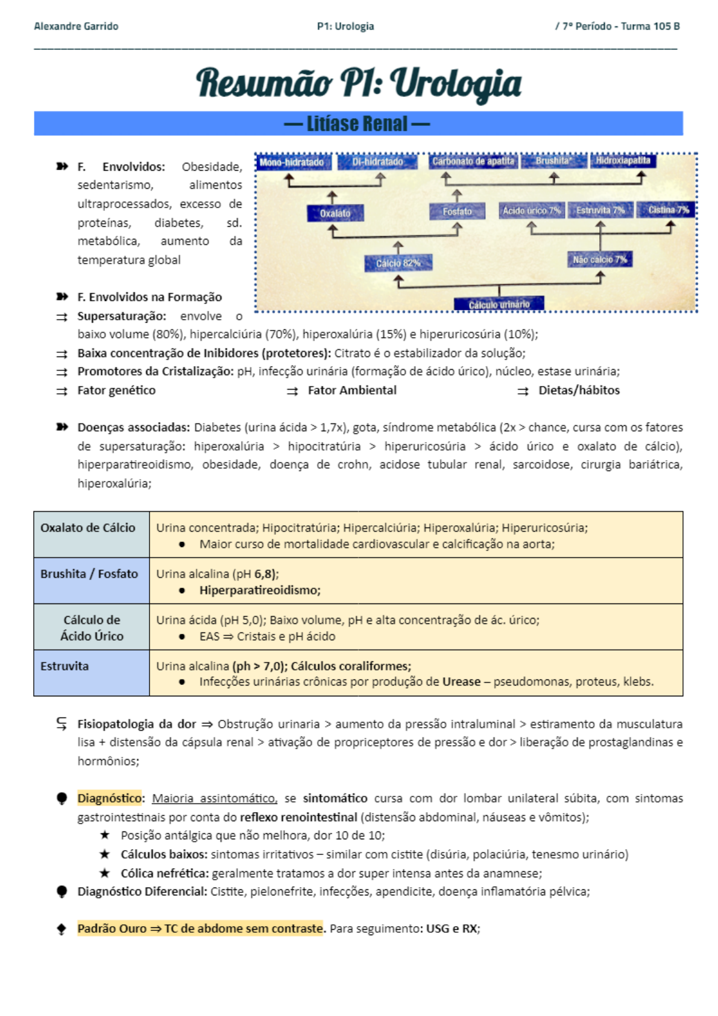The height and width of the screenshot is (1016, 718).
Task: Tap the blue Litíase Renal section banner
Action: coord(358,124)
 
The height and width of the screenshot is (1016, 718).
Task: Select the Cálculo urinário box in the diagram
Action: coord(499,304)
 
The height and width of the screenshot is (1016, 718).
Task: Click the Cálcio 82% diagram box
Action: coord(397,263)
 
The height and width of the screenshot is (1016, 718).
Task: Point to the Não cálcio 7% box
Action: coord(599,259)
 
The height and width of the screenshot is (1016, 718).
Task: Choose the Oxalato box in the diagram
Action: coord(335,213)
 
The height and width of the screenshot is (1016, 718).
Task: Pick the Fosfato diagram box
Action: coord(457,212)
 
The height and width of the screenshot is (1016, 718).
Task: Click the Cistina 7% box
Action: coord(668,210)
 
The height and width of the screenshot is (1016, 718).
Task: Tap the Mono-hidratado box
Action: coord(292,162)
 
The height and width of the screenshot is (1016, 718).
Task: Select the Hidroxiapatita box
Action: coord(623,160)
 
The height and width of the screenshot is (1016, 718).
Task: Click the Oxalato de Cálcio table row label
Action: coord(88,528)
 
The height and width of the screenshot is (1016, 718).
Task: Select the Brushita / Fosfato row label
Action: coord(89,574)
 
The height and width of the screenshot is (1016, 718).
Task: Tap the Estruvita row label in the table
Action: coord(65,666)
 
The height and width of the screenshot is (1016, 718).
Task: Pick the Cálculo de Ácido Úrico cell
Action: coord(92,628)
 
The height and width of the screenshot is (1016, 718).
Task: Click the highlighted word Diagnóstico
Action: coord(109,798)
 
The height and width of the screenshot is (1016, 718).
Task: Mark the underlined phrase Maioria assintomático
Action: coord(214,798)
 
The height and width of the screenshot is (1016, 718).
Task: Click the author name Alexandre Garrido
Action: coord(76,27)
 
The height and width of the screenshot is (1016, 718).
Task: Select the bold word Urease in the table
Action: coord(461,682)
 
